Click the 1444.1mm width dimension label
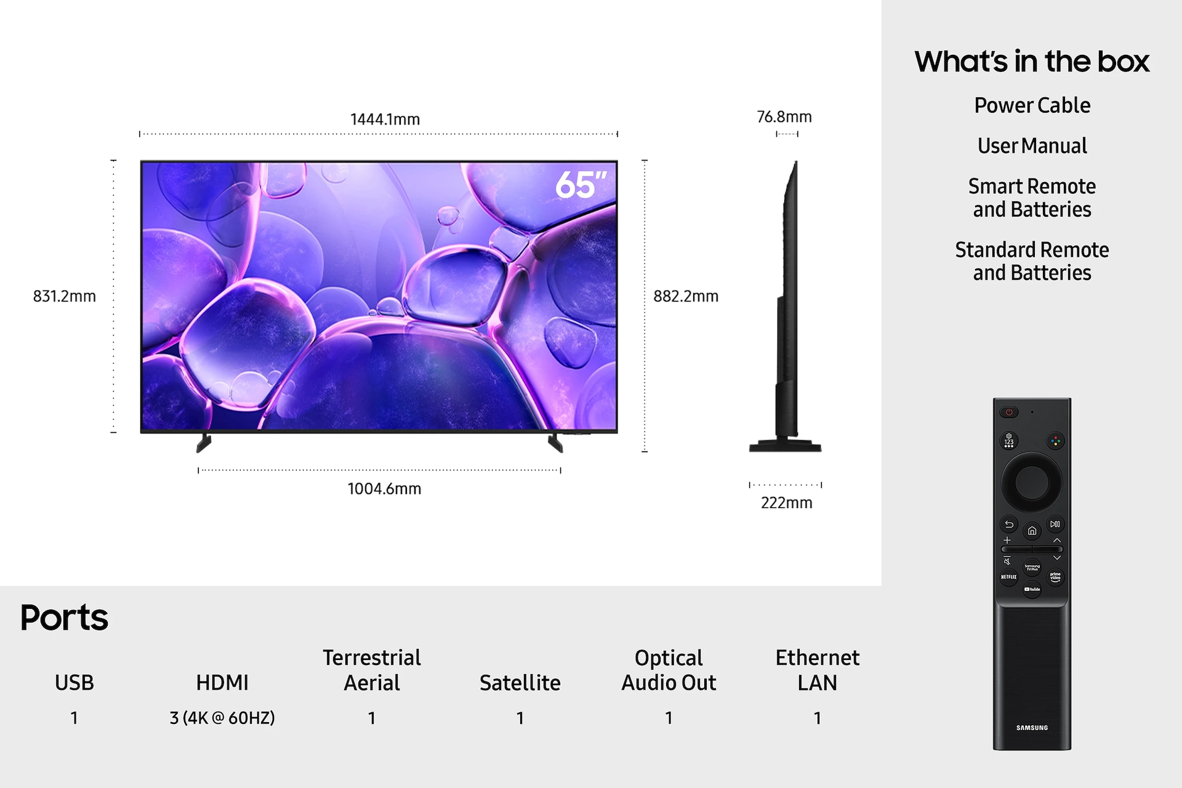[385, 119]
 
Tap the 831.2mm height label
[65, 296]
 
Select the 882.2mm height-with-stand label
[686, 296]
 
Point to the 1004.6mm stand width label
[384, 489]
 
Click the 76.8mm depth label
[784, 116]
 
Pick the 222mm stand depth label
[787, 503]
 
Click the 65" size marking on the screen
[581, 185]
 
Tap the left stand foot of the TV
[204, 443]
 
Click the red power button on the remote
[1009, 412]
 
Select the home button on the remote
[1032, 531]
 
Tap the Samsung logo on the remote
[1032, 728]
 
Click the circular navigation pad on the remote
[1032, 482]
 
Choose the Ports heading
[64, 617]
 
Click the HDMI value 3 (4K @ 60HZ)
[222, 718]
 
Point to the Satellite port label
[520, 683]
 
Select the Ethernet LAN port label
[818, 670]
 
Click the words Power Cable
[1032, 105]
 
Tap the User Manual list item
[1032, 146]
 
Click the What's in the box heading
[1032, 61]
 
